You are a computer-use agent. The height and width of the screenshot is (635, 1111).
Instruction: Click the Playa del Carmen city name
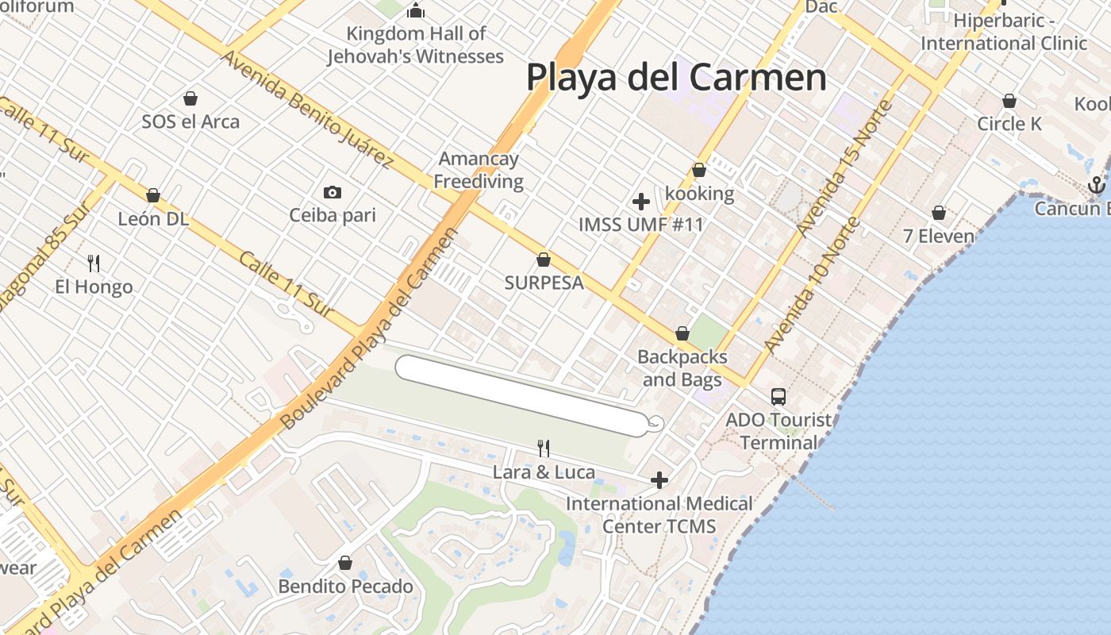676,78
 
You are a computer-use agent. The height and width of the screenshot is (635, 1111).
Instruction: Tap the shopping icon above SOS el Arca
190,98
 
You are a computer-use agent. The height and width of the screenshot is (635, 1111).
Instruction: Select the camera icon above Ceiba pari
333,192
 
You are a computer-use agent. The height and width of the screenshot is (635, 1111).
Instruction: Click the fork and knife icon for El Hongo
94,263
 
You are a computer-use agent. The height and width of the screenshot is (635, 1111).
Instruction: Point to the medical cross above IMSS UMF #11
641,202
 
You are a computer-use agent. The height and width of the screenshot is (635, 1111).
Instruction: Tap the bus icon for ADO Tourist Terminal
778,396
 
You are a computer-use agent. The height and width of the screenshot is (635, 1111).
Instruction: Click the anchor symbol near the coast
1096,186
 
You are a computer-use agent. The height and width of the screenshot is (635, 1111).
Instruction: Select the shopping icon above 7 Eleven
939,213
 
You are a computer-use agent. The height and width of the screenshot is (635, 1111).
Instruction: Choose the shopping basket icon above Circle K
1009,101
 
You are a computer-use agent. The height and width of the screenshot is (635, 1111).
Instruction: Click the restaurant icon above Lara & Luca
544,448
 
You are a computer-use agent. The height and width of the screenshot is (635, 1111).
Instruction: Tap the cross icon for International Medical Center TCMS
659,479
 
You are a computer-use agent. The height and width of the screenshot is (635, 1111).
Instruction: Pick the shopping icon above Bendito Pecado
345,563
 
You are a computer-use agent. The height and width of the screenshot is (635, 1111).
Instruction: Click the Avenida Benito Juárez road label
306,109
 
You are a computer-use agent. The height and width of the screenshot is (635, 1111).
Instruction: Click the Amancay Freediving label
479,170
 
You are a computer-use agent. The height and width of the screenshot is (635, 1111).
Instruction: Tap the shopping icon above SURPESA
544,260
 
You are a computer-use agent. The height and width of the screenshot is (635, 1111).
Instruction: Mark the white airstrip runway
522,395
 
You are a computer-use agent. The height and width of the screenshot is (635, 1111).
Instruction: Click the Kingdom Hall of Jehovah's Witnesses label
416,45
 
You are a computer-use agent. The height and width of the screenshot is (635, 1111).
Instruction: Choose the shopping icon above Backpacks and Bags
682,333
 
